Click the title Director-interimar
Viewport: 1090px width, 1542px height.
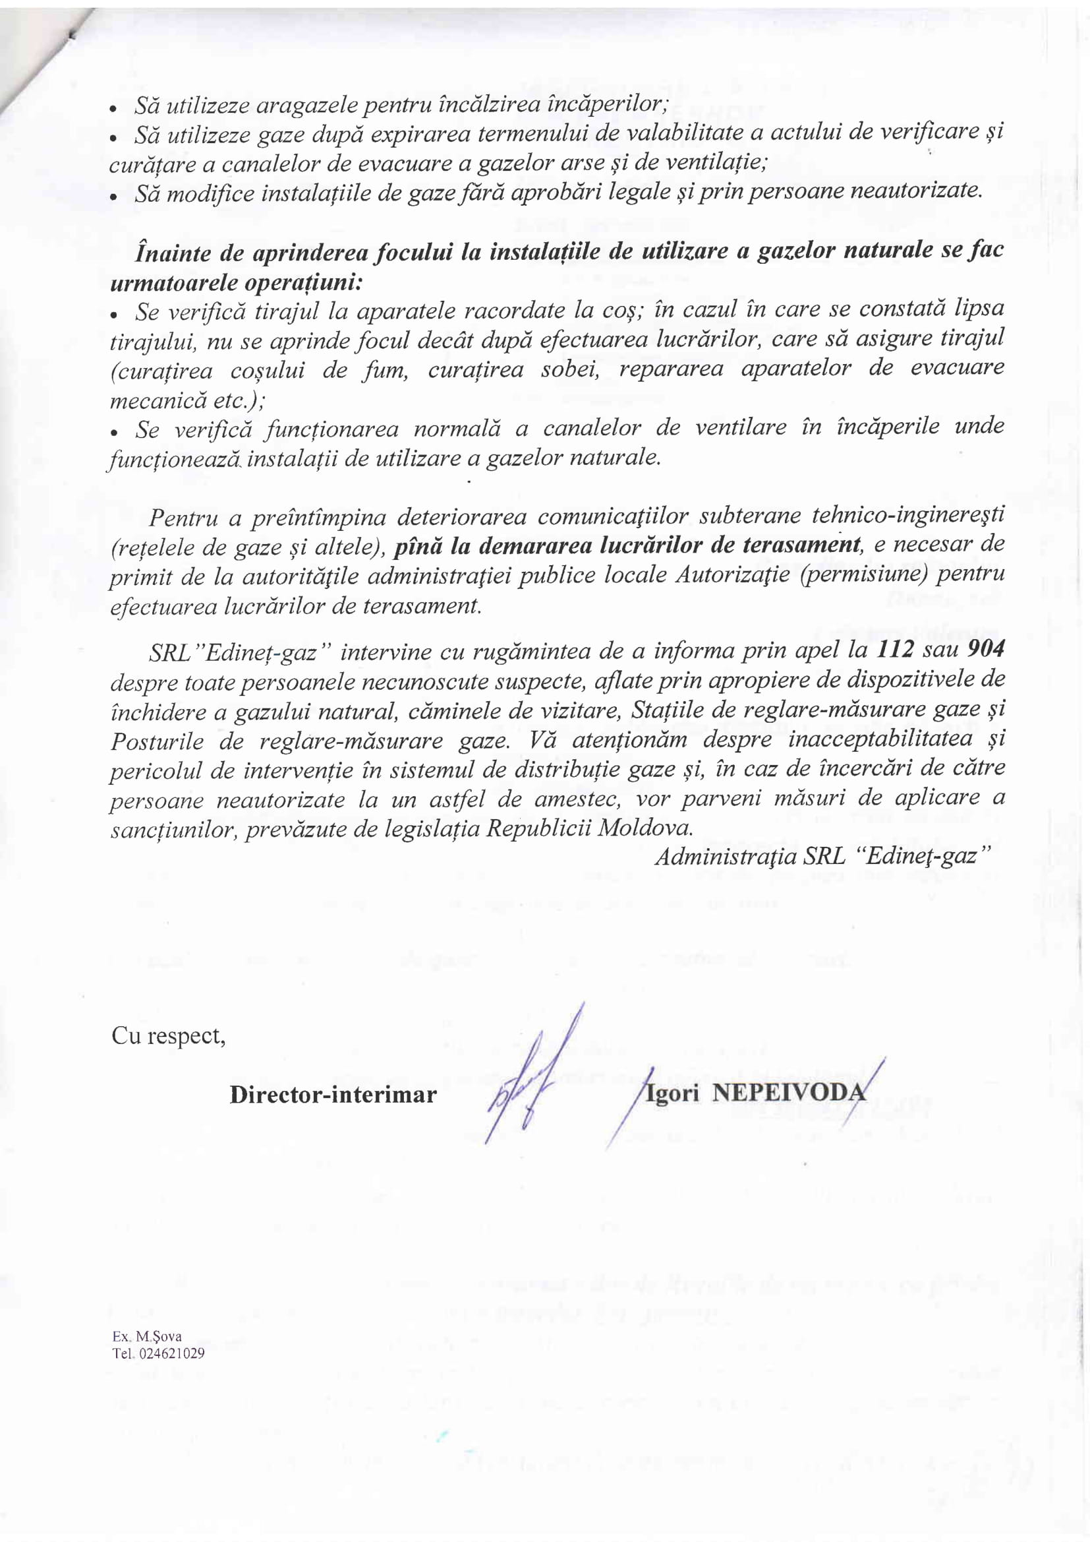[333, 1094]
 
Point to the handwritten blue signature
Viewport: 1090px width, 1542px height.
[531, 1074]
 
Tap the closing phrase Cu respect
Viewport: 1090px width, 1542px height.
[169, 1036]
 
